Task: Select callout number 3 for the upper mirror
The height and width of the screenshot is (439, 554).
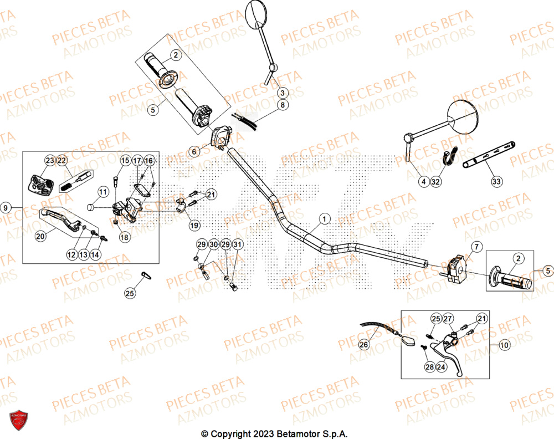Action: pos(282,93)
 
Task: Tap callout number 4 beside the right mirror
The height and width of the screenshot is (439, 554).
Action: pos(423,181)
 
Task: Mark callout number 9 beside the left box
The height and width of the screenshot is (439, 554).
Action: pos(6,207)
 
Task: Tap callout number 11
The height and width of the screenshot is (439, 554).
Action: pos(103,192)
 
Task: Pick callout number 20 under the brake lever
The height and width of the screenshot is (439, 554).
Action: pos(40,236)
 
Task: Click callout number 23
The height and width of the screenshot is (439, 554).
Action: pos(49,161)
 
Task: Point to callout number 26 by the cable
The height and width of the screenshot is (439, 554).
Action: pos(363,345)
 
